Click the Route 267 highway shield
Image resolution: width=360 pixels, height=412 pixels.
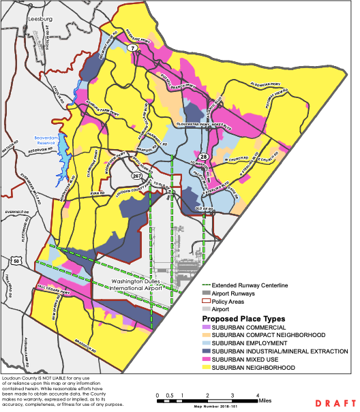coord(136,175)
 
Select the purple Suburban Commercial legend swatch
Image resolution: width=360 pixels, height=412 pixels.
coord(207,328)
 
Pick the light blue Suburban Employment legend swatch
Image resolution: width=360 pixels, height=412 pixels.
coord(207,343)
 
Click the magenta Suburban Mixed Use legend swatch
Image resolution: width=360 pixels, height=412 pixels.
coord(207,359)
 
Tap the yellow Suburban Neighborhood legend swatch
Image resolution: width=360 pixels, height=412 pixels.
coord(207,367)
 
